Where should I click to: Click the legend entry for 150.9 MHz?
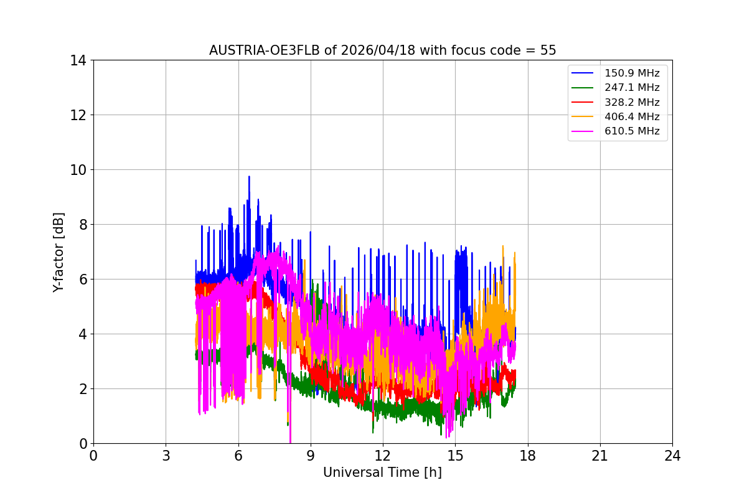(632, 73)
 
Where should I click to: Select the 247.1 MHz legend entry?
(632, 88)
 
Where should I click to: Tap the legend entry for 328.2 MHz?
(632, 102)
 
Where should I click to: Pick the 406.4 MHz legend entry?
(632, 116)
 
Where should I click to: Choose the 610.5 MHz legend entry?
(632, 131)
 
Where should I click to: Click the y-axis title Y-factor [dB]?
(59, 252)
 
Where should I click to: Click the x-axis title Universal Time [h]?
(382, 472)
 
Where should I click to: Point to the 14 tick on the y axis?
(79, 60)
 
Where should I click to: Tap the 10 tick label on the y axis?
(79, 170)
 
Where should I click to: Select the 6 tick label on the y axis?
(83, 280)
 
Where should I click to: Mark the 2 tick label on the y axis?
(83, 389)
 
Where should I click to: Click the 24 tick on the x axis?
(672, 456)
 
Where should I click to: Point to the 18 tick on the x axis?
(527, 456)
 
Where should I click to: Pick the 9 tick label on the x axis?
(310, 456)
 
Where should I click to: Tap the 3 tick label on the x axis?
(166, 456)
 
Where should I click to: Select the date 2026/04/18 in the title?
(378, 50)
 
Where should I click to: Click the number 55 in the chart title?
(548, 50)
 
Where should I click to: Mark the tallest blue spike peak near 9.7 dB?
(249, 177)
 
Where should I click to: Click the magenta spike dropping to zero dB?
(290, 441)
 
